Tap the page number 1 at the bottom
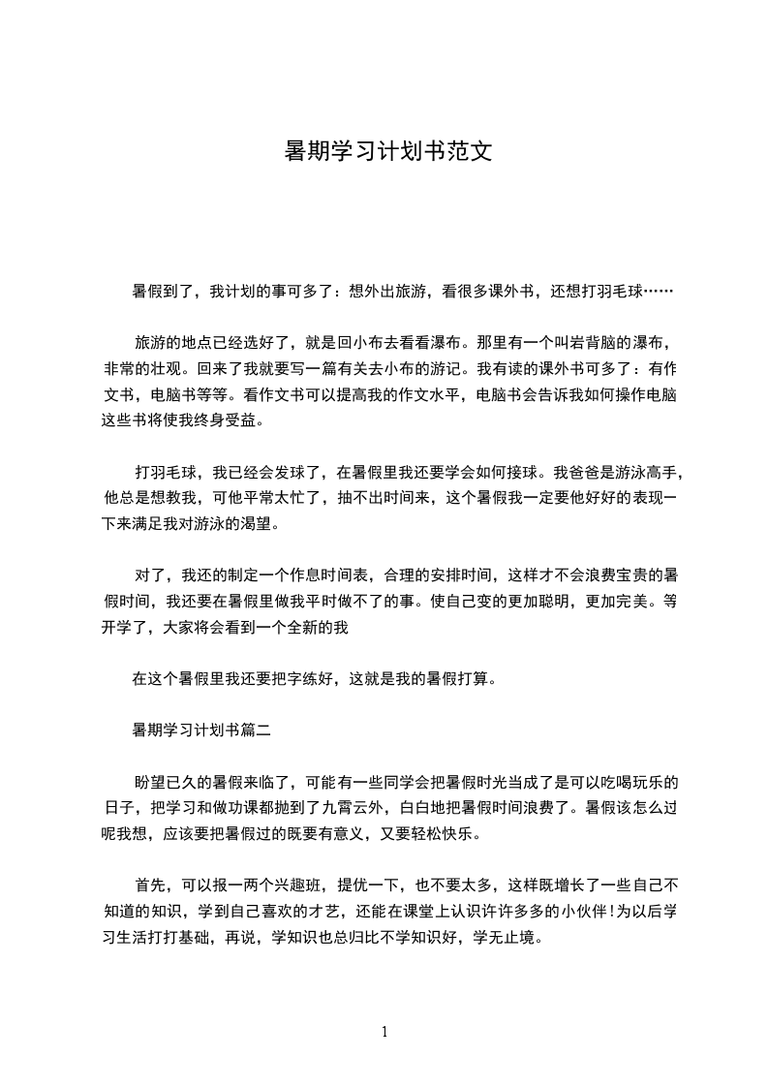coord(384,1032)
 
